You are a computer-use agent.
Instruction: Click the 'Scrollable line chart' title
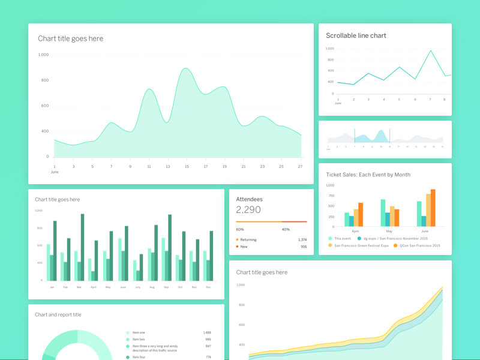(x=356, y=35)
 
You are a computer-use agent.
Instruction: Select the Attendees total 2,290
(x=248, y=210)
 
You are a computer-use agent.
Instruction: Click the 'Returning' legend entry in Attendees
(x=248, y=239)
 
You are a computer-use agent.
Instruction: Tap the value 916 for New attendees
(x=304, y=247)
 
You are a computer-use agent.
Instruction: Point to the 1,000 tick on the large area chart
(x=43, y=55)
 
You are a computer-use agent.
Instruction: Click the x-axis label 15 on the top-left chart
(x=187, y=166)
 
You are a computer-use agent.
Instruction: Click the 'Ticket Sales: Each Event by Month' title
(x=368, y=175)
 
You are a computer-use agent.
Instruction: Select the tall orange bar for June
(x=433, y=208)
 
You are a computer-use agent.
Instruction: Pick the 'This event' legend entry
(x=343, y=238)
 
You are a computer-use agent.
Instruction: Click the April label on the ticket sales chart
(x=355, y=231)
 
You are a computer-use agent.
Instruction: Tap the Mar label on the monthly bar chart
(x=79, y=287)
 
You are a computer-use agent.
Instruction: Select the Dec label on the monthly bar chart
(x=208, y=287)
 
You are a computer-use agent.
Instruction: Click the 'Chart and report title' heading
(x=58, y=314)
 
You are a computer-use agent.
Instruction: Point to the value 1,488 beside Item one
(x=207, y=332)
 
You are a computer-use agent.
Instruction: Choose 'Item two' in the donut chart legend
(x=139, y=340)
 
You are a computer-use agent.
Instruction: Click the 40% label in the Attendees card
(x=286, y=229)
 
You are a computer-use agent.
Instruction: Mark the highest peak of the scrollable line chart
(x=430, y=51)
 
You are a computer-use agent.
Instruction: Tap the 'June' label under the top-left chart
(x=55, y=172)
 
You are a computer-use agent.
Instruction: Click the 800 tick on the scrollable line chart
(x=331, y=59)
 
